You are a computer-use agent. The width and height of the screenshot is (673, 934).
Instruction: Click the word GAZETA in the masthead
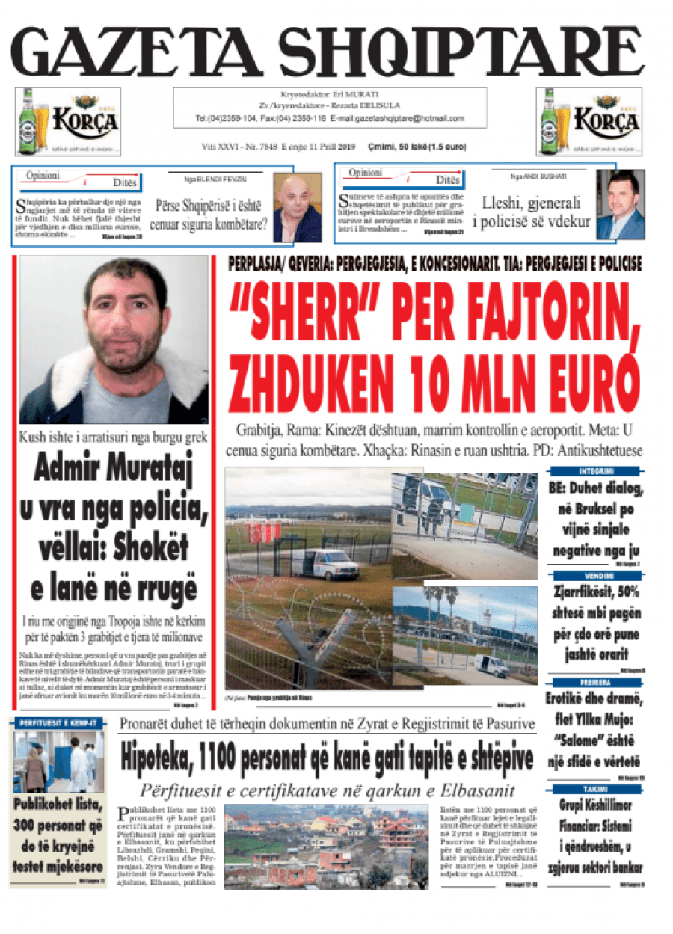click(142, 52)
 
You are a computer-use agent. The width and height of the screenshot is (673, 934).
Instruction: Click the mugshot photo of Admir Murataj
click(114, 340)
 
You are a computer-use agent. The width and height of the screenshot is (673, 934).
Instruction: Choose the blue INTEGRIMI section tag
click(596, 471)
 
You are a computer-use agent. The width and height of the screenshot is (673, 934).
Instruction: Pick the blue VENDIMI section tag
click(596, 576)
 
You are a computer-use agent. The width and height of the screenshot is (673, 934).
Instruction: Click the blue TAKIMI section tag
click(596, 790)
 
